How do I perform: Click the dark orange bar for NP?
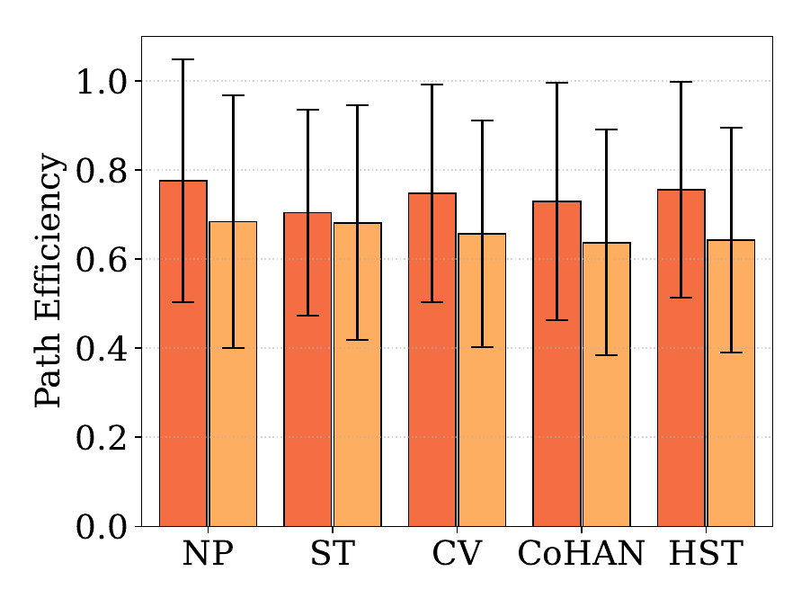182,353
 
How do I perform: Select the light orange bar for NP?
233,374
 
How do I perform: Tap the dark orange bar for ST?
307,370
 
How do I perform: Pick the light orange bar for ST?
358,374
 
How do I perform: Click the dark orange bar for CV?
432,360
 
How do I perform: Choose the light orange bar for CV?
482,379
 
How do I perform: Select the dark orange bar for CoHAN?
556,363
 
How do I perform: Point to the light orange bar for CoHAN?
607,384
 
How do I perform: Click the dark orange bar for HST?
681,358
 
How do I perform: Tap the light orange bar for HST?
731,383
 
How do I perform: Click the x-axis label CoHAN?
581,553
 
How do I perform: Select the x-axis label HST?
706,553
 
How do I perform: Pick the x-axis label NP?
208,553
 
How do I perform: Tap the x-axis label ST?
332,553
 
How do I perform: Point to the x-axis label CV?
457,553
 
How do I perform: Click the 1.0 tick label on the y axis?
102,81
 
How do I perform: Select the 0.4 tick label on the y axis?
102,348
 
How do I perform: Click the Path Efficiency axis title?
49,281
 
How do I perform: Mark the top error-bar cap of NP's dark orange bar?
182,59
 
